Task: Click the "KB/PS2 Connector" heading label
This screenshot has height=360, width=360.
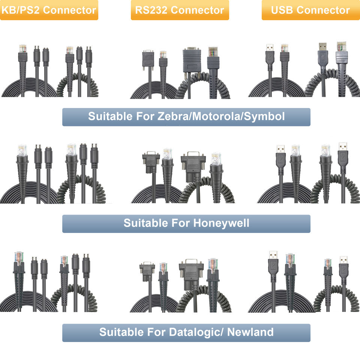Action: (49, 10)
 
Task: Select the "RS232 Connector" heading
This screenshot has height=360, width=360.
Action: (180, 10)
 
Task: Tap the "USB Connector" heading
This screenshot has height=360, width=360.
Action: (310, 10)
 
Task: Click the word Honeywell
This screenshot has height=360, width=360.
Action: (221, 223)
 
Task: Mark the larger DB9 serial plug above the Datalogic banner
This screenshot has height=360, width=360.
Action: (191, 272)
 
